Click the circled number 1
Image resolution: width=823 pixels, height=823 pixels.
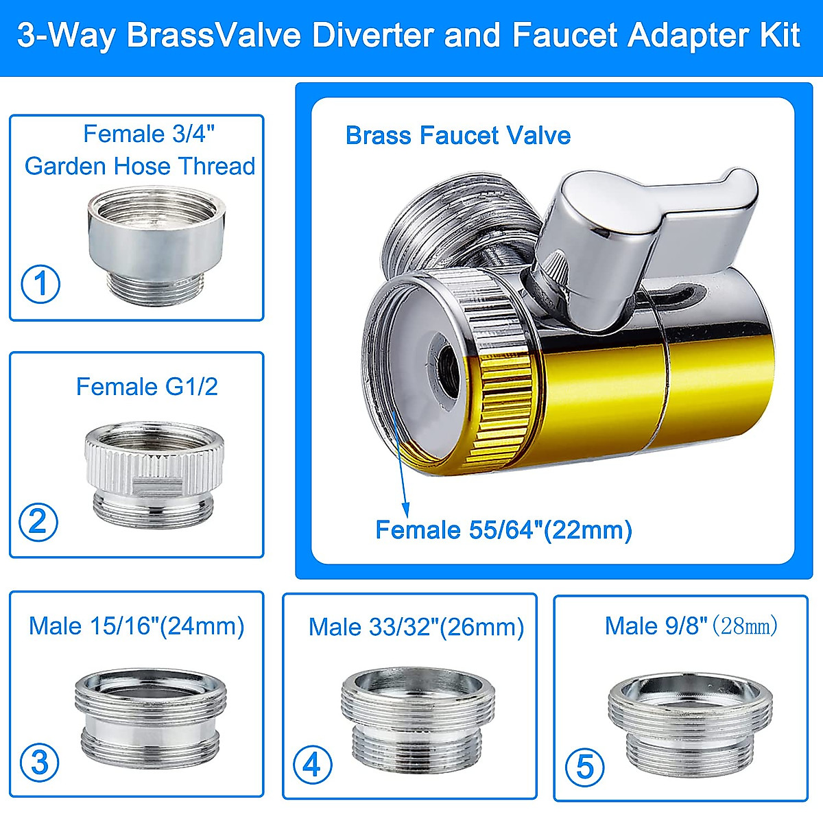[40, 284]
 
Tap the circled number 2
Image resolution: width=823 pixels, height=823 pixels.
[38, 522]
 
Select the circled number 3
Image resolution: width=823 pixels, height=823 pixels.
[40, 762]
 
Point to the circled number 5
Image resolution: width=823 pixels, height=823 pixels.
[584, 766]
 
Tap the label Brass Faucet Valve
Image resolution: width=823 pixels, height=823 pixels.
[457, 135]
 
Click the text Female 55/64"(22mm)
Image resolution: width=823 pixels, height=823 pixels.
[503, 530]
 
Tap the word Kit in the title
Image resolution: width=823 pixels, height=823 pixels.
[780, 35]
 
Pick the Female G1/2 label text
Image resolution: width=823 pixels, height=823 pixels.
[147, 387]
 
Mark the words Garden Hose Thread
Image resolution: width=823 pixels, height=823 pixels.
[140, 166]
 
